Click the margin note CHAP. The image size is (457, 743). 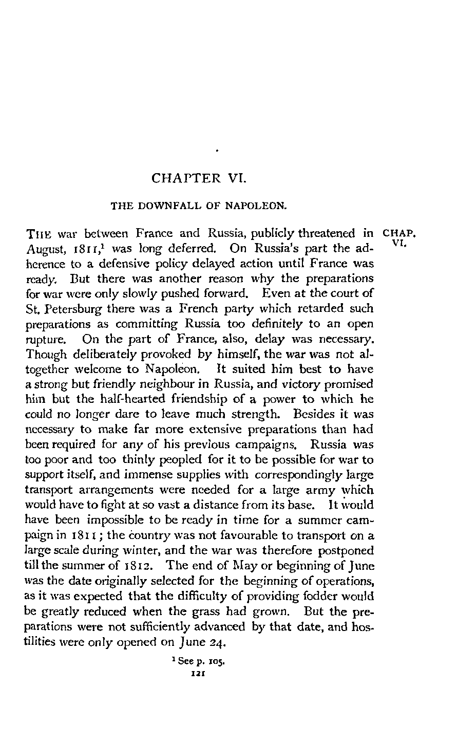398,234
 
